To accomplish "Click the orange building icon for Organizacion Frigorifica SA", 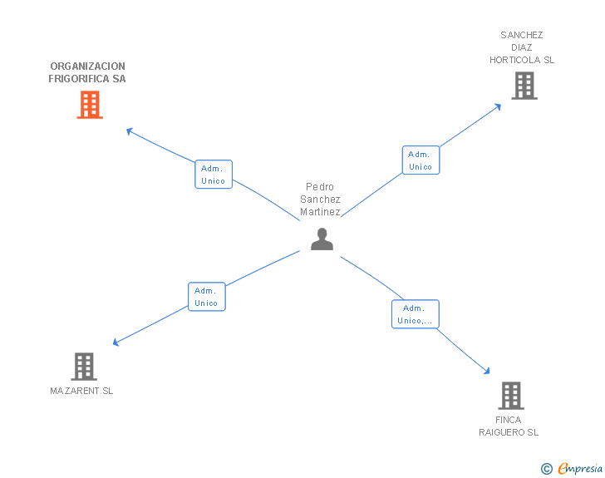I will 90,105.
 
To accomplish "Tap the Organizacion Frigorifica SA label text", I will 87,72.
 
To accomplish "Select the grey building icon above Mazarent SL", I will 83,366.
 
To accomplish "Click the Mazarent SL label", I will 81,391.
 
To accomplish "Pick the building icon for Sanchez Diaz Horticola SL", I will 524,85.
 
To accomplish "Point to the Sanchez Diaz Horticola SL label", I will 522,47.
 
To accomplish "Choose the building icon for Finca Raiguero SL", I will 511,396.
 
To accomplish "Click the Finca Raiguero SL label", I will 509,426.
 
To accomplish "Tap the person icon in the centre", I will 322,239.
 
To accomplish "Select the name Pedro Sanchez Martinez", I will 321,200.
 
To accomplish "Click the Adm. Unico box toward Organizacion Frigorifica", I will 214,175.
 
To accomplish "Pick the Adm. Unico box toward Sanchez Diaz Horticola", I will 421,160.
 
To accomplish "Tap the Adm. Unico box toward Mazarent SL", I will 206,297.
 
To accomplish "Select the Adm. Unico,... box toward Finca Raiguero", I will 415,314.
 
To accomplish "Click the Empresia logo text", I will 580,468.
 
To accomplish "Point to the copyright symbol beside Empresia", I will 547,469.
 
